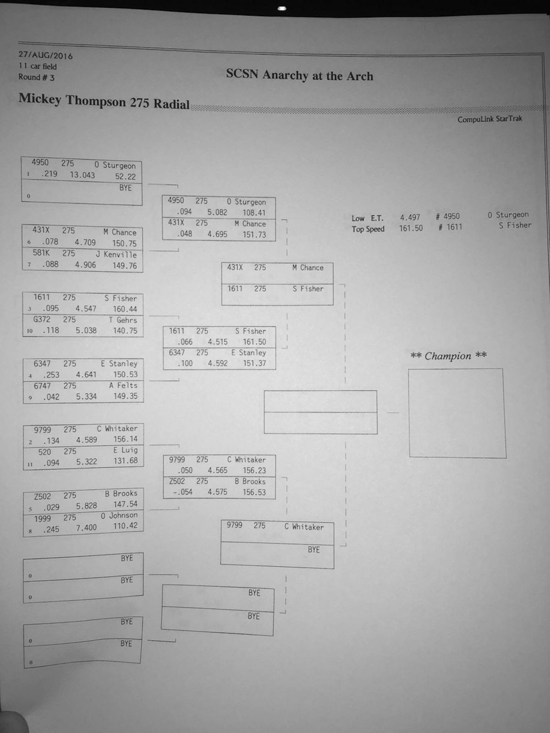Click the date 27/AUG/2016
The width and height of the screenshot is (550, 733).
(45, 55)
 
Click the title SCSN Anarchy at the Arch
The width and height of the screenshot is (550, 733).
(300, 75)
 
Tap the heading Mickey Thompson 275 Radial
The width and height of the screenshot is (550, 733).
(104, 101)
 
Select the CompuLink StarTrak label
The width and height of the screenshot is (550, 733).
(489, 119)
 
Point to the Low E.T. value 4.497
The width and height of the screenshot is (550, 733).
(410, 218)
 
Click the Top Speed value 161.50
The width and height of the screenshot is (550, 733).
(411, 228)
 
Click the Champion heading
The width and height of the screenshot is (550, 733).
(448, 356)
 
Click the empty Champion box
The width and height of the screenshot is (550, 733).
(457, 413)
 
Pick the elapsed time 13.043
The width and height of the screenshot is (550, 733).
(82, 175)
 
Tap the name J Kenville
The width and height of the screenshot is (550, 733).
(116, 254)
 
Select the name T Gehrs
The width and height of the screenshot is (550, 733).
(122, 320)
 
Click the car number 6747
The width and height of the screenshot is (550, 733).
(42, 386)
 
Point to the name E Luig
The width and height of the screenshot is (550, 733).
(125, 450)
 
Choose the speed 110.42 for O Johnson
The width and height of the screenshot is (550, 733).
(125, 525)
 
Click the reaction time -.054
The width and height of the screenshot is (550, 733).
(183, 492)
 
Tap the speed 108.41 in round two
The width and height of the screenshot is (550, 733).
(254, 213)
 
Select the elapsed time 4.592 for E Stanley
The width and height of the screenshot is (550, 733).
(218, 363)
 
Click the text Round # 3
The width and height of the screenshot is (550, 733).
(36, 77)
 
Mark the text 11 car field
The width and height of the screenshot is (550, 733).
(38, 66)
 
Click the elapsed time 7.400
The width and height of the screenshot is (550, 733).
(86, 528)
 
